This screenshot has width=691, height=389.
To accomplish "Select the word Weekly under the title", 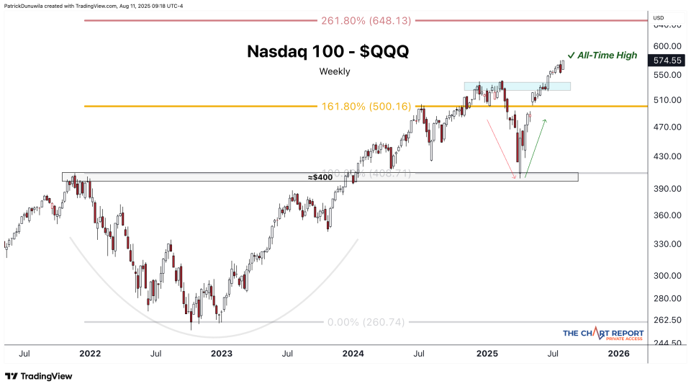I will click(x=335, y=71).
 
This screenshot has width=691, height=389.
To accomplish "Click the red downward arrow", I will click(x=503, y=148).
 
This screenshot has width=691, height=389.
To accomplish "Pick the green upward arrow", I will click(x=536, y=148).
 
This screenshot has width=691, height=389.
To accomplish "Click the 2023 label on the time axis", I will click(x=221, y=354).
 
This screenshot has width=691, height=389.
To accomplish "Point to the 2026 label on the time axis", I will click(x=618, y=354).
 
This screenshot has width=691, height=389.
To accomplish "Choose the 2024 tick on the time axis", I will click(x=353, y=354).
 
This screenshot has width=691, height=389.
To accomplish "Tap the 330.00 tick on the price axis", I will click(x=667, y=243).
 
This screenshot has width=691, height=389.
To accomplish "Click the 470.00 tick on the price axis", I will click(x=667, y=127).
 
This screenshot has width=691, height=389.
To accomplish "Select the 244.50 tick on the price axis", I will click(x=667, y=344).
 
